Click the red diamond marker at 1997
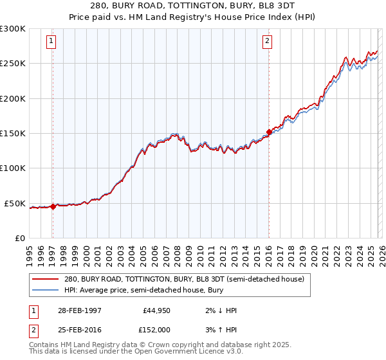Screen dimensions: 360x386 53,207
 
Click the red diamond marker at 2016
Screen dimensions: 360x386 268,132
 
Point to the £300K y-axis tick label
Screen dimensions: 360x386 13,29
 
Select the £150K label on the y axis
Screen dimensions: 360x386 13,134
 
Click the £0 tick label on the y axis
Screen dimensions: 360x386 19,239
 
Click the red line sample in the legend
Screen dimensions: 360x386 45,279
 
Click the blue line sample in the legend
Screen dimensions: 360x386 45,291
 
